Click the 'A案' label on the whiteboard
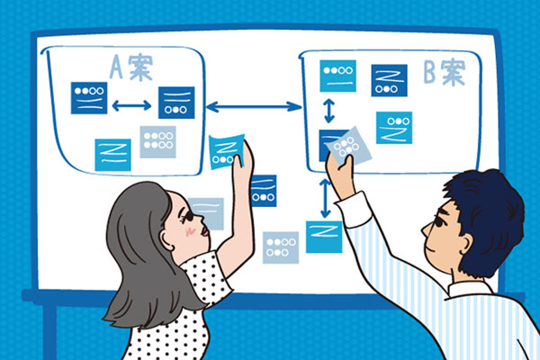(x=131, y=67)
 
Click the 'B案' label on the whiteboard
(x=445, y=72)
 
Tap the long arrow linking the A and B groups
(x=254, y=107)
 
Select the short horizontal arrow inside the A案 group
(x=131, y=105)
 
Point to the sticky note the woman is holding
(x=226, y=151)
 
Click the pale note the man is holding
(x=348, y=146)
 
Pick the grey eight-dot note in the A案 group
(x=157, y=142)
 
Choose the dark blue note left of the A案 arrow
(x=89, y=98)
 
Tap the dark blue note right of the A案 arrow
(x=176, y=103)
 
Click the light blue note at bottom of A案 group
(x=112, y=155)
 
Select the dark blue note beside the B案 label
(x=389, y=81)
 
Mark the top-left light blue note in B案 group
(x=337, y=76)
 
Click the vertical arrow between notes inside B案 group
(x=329, y=111)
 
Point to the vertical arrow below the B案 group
(x=325, y=198)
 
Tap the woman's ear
(x=167, y=238)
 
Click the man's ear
(x=465, y=245)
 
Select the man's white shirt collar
(x=470, y=290)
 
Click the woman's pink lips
(x=205, y=230)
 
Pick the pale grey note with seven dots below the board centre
(x=281, y=247)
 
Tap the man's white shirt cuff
(x=354, y=210)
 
